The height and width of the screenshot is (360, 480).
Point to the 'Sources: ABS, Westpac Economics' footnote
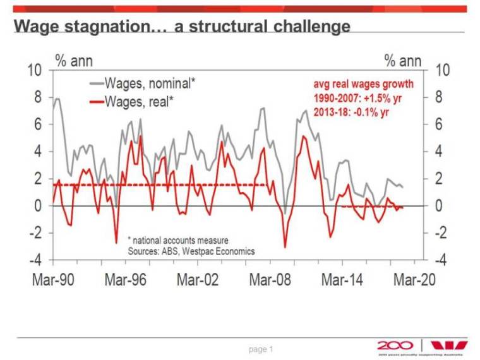[191, 251]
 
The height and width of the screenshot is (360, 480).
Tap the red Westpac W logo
[450, 345]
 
